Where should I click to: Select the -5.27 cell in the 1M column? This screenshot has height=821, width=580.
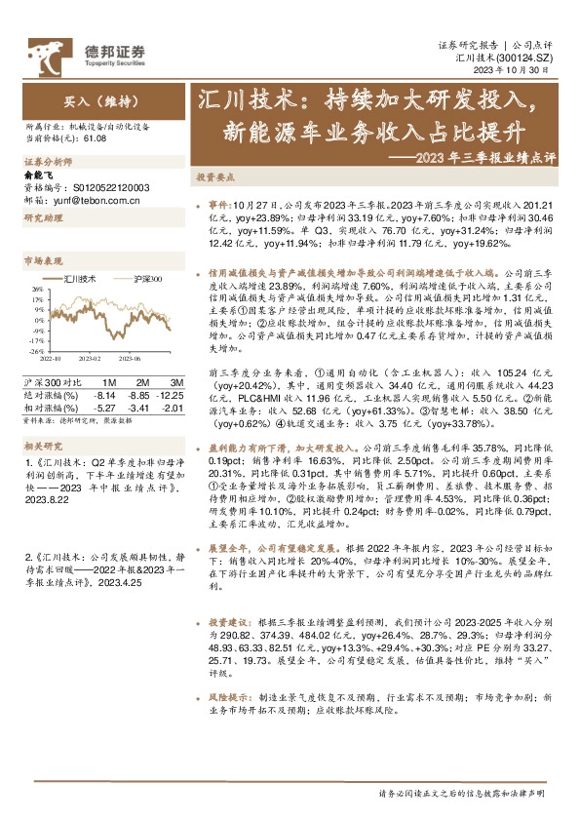[104, 408]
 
